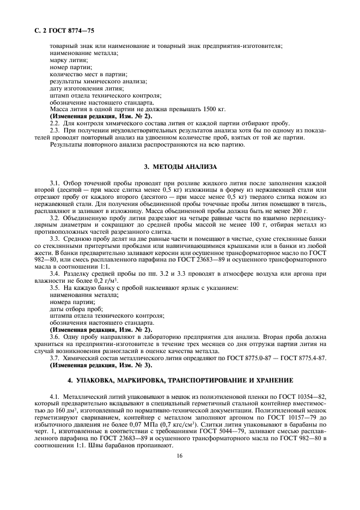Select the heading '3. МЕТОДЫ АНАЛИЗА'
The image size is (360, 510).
pos(180,166)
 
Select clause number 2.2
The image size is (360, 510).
pos(54,124)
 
